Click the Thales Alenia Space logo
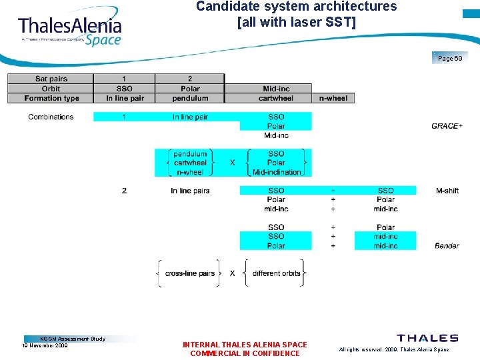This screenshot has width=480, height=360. point(69,28)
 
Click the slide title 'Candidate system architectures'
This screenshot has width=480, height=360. point(296,7)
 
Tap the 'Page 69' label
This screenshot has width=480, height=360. point(450,59)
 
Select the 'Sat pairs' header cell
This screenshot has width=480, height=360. point(51,79)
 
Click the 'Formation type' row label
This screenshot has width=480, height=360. point(51,98)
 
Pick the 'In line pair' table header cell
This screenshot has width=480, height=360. point(125,98)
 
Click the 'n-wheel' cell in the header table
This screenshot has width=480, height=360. point(333,98)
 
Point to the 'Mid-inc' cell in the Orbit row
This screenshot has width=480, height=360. point(276,89)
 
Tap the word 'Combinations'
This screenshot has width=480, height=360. point(51,117)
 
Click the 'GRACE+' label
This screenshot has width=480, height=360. point(447,126)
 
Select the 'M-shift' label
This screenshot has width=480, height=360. point(447,191)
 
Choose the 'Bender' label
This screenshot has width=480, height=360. point(447,246)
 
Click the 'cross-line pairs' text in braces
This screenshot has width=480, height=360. point(190,273)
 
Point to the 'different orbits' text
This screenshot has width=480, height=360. point(276,273)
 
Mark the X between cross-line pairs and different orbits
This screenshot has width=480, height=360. point(232,273)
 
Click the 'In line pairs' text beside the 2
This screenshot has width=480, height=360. point(190,191)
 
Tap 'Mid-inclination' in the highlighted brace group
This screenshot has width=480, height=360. point(277,172)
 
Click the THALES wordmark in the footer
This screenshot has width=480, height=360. point(427,339)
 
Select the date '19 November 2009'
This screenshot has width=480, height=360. point(45,346)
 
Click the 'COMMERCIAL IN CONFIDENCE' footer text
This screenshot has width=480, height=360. point(245,353)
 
